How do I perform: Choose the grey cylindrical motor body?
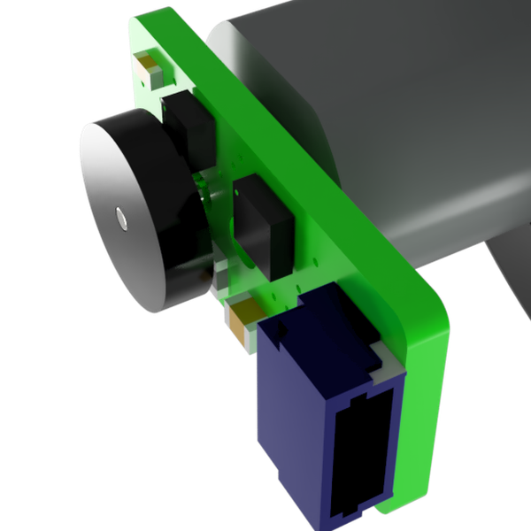coord(416,133)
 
